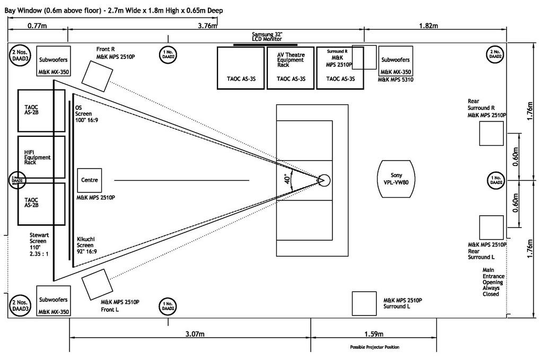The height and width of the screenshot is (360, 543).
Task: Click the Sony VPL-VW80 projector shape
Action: click(x=397, y=178)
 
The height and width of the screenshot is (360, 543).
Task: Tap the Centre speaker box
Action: click(x=89, y=180)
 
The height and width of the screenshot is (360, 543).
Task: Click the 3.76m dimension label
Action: click(x=208, y=25)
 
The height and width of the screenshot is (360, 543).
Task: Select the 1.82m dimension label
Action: click(x=428, y=25)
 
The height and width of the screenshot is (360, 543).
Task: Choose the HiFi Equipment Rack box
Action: click(x=41, y=157)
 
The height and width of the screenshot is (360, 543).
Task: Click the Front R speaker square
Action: click(x=96, y=74)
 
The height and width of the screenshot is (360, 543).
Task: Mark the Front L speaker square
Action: click(x=95, y=283)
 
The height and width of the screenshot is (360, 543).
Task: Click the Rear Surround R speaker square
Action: click(x=491, y=133)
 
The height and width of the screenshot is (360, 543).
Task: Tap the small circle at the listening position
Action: click(x=324, y=180)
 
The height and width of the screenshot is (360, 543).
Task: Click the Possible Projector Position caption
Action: click(x=374, y=347)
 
